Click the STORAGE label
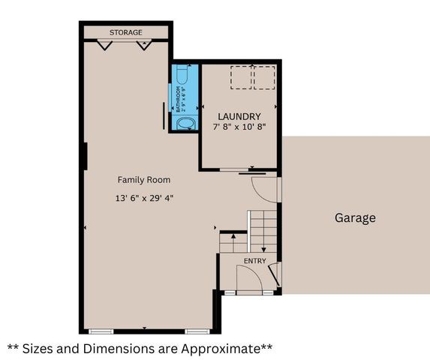(125, 33)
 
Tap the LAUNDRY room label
(239, 117)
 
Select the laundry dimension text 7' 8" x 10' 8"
(239, 128)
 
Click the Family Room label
(143, 180)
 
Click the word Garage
(355, 218)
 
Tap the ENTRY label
(254, 261)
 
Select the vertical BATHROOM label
(179, 99)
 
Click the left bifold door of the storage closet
(104, 45)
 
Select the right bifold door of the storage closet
(144, 45)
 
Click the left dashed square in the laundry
(240, 77)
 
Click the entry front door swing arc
(248, 278)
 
